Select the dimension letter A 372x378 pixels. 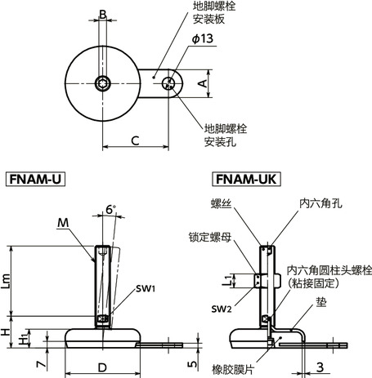(x=201, y=82)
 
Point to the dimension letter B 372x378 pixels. (x=102, y=14)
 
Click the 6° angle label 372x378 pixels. (x=110, y=209)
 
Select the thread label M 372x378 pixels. (x=64, y=222)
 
